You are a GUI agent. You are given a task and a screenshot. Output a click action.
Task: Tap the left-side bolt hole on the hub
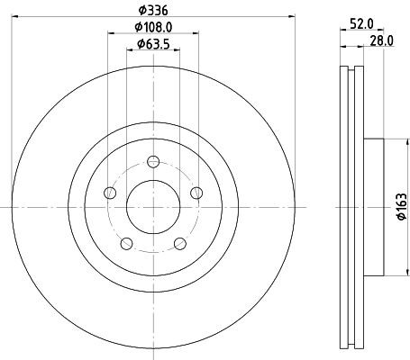(110, 193)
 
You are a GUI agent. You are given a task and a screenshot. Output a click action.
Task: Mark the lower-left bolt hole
(126, 242)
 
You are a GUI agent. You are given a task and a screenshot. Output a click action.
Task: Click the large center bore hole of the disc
(152, 206)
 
